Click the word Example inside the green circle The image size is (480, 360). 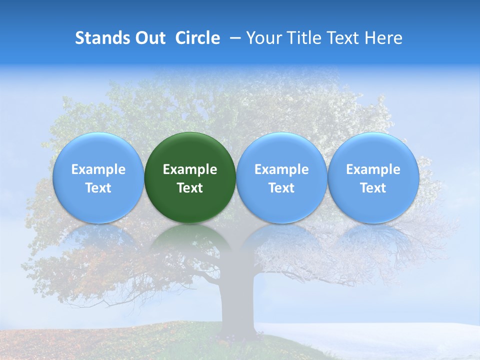click(x=190, y=169)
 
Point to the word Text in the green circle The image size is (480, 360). click(x=190, y=188)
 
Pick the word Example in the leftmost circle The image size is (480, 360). click(x=98, y=169)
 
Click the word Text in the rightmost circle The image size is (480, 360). click(x=373, y=188)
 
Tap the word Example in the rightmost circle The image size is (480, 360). click(x=373, y=169)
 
